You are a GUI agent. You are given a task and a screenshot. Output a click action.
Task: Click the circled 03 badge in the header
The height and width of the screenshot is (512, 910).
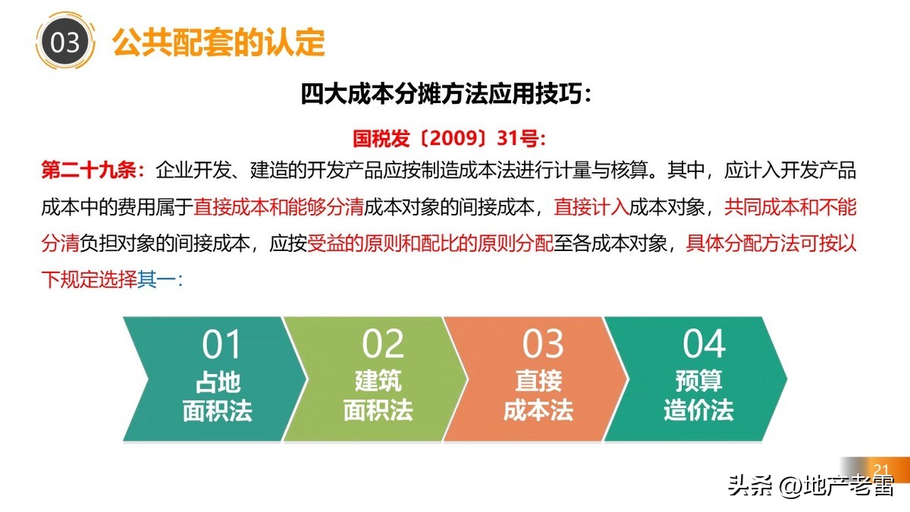pyautogui.click(x=64, y=42)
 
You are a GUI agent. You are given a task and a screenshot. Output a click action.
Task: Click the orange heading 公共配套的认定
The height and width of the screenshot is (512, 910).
pyautogui.click(x=219, y=42)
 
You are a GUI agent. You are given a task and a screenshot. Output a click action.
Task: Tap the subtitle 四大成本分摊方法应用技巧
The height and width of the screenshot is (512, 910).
pyautogui.click(x=445, y=95)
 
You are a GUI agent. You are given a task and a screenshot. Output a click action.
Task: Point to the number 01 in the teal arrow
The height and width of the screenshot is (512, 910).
pyautogui.click(x=221, y=344)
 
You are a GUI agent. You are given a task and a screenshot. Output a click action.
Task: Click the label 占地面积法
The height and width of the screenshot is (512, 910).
pyautogui.click(x=218, y=396)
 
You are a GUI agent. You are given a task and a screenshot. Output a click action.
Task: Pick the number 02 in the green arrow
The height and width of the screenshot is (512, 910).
pyautogui.click(x=383, y=344)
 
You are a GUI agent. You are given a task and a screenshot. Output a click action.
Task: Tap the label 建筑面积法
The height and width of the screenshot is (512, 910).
pyautogui.click(x=378, y=396)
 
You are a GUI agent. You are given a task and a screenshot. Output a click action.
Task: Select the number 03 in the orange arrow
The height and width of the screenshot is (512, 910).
pyautogui.click(x=543, y=344)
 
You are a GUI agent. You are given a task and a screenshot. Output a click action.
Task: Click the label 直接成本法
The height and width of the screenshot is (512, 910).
pyautogui.click(x=538, y=396)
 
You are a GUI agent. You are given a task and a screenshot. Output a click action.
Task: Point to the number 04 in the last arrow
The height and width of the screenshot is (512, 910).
pyautogui.click(x=704, y=344)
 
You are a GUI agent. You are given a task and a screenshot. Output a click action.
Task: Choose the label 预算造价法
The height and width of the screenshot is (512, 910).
pyautogui.click(x=699, y=396)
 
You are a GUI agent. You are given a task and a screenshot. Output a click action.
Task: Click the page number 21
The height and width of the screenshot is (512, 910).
pyautogui.click(x=881, y=468)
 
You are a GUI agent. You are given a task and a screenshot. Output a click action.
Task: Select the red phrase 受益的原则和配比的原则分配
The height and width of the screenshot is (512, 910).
pyautogui.click(x=430, y=243)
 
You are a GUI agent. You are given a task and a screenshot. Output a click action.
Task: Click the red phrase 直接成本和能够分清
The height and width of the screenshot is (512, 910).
pyautogui.click(x=278, y=206)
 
